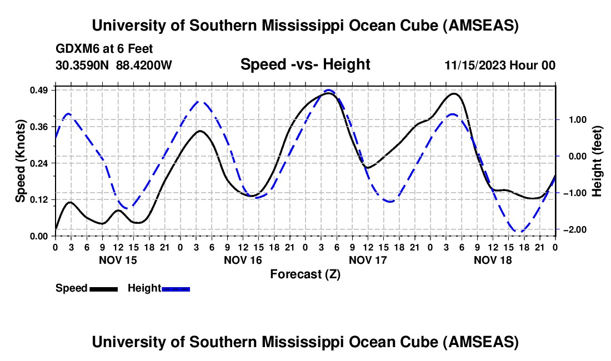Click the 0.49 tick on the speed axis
pyautogui.click(x=41, y=90)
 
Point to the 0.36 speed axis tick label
pyautogui.click(x=41, y=127)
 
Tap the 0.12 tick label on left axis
pyautogui.click(x=41, y=199)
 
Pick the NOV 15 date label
pyautogui.click(x=118, y=260)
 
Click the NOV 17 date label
pyautogui.click(x=368, y=260)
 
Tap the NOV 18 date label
pyautogui.click(x=493, y=260)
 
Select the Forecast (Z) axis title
pyautogui.click(x=305, y=274)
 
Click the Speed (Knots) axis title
pyautogui.click(x=20, y=161)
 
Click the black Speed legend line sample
pyautogui.click(x=103, y=289)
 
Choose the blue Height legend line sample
pyautogui.click(x=176, y=289)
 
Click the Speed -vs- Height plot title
pyautogui.click(x=305, y=64)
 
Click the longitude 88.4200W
pyautogui.click(x=144, y=66)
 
